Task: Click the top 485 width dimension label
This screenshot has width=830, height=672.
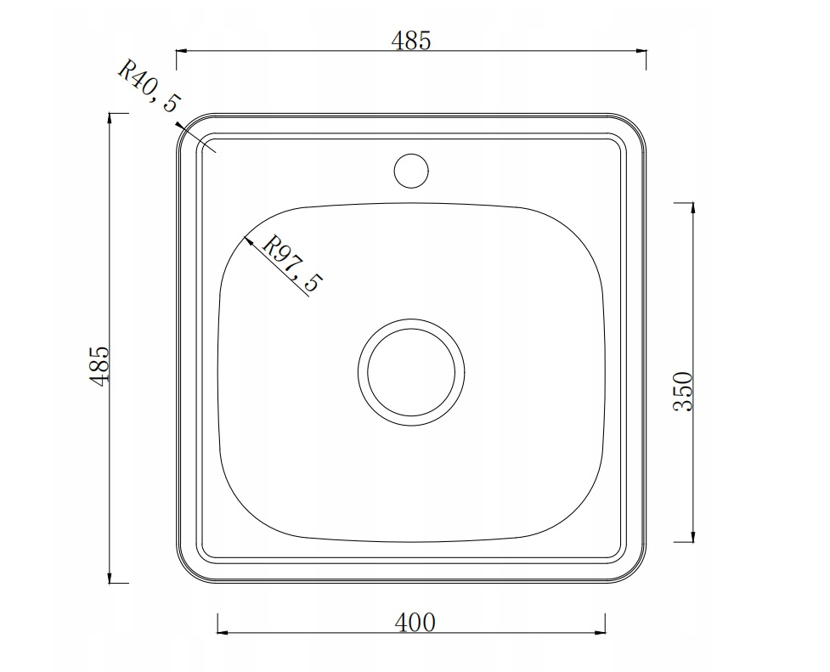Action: click(411, 41)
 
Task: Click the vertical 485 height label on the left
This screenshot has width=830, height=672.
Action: click(99, 365)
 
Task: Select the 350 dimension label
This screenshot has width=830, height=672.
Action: click(683, 392)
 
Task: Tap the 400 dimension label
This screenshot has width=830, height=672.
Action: click(415, 622)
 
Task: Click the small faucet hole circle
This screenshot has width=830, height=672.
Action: click(411, 171)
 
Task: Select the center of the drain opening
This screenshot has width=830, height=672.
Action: click(411, 372)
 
